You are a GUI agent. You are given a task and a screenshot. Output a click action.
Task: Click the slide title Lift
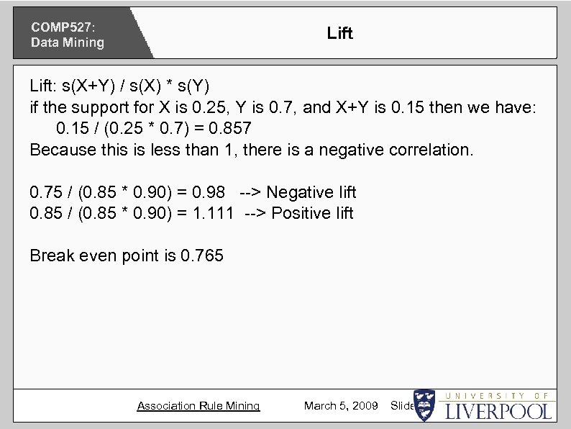tap(339, 33)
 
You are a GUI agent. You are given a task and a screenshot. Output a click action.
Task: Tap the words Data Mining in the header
tap(67, 42)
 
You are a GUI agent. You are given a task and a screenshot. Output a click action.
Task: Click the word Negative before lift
tap(300, 192)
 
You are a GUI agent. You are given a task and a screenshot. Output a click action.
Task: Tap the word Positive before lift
tap(297, 213)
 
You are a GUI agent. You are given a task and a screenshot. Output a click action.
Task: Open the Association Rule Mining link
tap(198, 406)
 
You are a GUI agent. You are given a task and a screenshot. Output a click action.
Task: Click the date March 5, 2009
tap(341, 406)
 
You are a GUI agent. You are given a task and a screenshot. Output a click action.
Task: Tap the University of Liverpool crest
tap(424, 405)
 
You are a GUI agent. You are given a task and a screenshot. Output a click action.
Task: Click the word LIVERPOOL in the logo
tap(498, 411)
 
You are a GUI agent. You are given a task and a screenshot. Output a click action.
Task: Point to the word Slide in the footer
tap(401, 406)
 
